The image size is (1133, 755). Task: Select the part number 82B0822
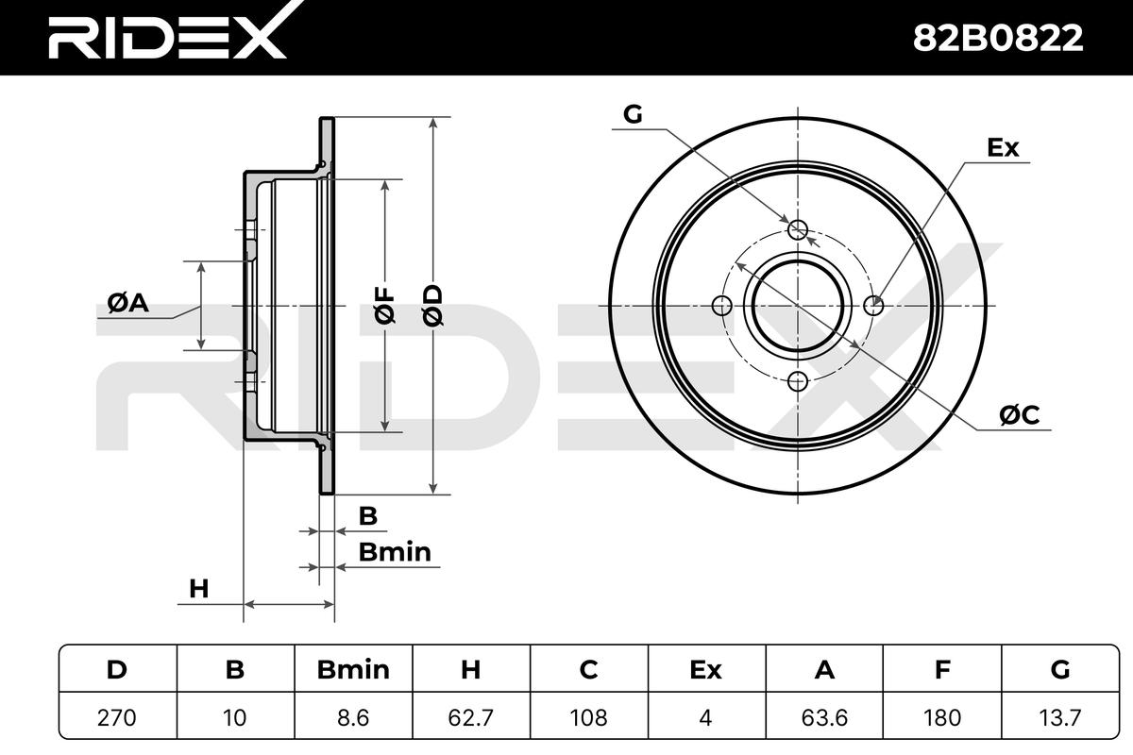pos(998,38)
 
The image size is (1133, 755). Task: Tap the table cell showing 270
pos(117,717)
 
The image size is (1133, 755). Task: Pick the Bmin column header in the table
pos(353,669)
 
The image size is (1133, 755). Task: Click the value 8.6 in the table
pos(353,717)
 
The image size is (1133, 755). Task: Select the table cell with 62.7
pos(470,717)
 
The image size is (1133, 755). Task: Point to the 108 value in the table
pos(589,717)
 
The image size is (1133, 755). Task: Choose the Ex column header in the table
pos(705,669)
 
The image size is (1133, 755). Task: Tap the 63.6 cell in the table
pos(824,717)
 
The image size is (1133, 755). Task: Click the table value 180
pos(942,717)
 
